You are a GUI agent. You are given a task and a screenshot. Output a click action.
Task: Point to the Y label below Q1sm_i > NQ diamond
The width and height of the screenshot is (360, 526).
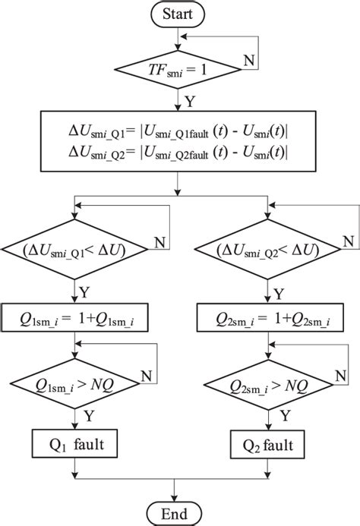coord(88,414)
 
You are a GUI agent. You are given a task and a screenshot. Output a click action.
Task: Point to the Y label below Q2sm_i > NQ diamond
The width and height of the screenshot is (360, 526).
coord(284,414)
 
